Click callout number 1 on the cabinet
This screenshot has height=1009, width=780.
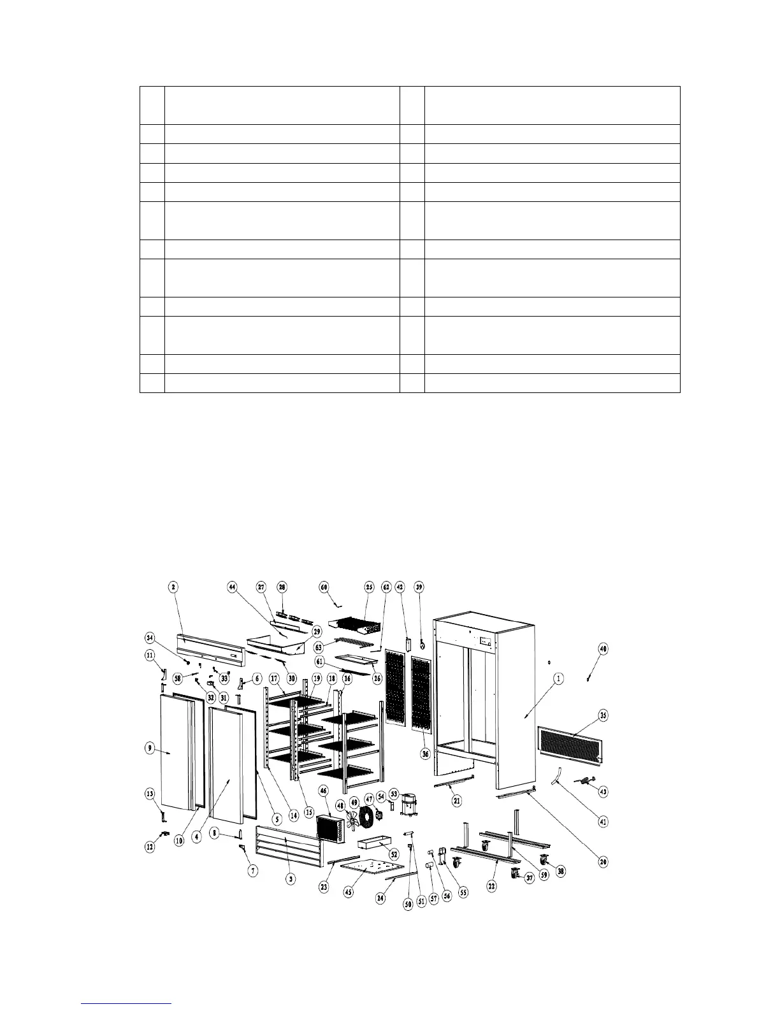(x=558, y=680)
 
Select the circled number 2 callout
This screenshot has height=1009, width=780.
(x=173, y=585)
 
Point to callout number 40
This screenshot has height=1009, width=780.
(x=603, y=649)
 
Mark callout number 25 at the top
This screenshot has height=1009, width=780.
(x=369, y=585)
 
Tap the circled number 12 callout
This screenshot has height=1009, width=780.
(x=149, y=847)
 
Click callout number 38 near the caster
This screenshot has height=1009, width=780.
(x=561, y=871)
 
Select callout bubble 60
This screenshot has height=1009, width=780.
(x=324, y=585)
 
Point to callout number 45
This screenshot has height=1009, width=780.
(x=349, y=892)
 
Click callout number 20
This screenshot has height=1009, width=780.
(x=603, y=862)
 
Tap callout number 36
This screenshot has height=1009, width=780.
(x=425, y=753)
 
